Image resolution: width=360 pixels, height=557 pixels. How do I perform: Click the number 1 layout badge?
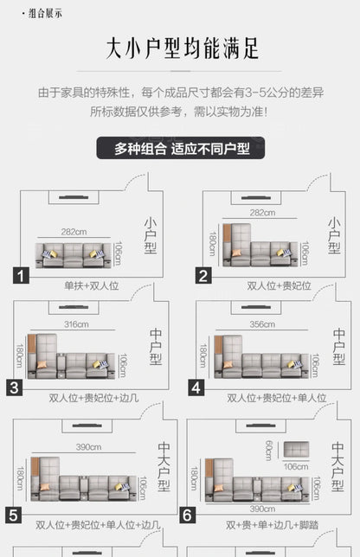[21, 276]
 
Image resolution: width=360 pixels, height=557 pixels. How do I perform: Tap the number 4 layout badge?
[196, 387]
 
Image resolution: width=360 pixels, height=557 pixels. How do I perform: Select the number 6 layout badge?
[187, 515]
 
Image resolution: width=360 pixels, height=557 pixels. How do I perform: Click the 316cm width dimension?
[76, 324]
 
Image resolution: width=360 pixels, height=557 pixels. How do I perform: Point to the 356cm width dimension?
[262, 324]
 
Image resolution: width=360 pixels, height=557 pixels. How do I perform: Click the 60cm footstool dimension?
[269, 451]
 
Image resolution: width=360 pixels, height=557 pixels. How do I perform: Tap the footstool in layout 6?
[296, 450]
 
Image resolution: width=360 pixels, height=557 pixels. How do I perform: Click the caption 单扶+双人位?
[92, 285]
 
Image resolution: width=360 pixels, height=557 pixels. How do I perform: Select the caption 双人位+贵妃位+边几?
[93, 398]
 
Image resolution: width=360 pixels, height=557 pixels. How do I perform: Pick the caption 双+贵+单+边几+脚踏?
[272, 525]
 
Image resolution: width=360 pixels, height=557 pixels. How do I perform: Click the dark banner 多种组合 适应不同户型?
[181, 148]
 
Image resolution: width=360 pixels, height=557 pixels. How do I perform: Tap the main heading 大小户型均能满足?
[182, 48]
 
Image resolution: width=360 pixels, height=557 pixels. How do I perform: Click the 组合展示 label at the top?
[42, 14]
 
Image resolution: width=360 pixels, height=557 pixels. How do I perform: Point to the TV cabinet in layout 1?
[74, 197]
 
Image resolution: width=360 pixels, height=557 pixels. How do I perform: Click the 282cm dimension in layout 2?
[262, 213]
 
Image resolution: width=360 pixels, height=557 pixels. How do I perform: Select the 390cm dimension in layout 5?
[88, 447]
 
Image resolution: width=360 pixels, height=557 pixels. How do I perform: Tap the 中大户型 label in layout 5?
[164, 466]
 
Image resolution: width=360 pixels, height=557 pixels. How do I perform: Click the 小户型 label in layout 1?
[151, 235]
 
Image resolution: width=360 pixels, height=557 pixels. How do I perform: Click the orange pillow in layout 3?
[42, 365]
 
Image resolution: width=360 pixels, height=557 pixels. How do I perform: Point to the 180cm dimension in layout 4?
[202, 355]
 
